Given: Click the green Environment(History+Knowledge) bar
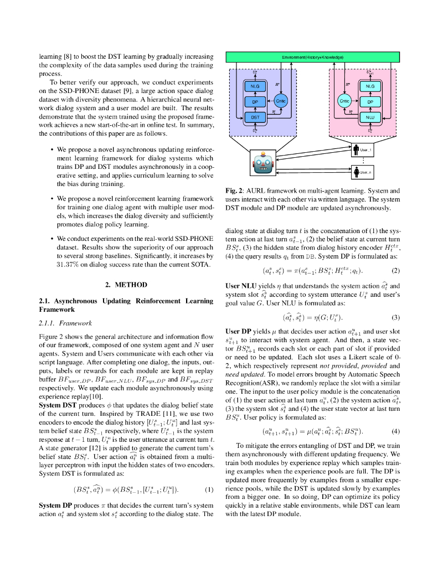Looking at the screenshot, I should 312,57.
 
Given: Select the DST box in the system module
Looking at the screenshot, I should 255,117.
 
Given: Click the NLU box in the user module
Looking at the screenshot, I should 370,117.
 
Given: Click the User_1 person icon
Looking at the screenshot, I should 355,150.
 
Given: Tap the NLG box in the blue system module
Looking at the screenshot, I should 255,86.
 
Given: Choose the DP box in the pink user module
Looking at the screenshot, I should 370,101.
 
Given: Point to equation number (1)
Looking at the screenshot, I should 209,490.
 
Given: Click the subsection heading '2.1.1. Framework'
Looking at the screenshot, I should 65,323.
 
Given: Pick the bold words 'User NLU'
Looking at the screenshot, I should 240,286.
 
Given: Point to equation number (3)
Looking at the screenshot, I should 395,317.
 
